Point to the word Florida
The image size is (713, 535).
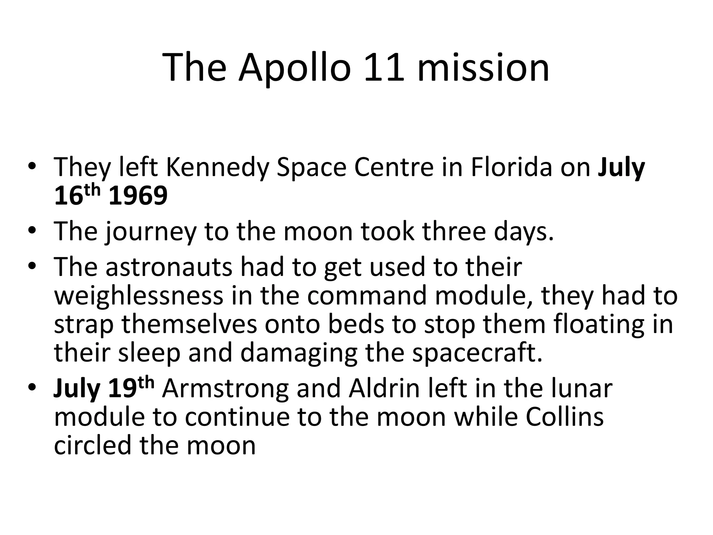click(511, 168)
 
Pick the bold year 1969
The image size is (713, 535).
click(138, 196)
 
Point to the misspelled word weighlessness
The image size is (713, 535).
click(139, 296)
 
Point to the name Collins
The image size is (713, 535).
click(564, 417)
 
